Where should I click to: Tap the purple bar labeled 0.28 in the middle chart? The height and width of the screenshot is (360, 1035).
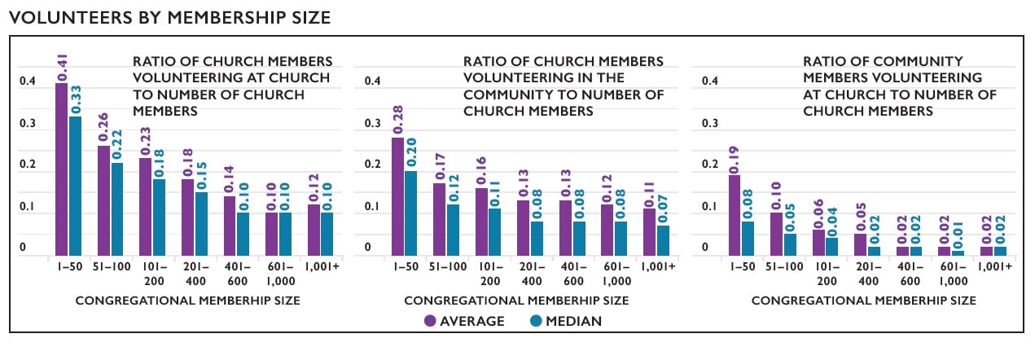(397, 196)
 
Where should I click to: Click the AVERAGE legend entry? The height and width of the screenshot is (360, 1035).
(464, 321)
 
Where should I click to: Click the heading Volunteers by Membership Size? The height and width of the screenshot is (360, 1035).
(169, 17)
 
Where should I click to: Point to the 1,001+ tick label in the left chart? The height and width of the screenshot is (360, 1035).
(319, 267)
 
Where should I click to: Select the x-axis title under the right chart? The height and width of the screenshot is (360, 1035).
(863, 301)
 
